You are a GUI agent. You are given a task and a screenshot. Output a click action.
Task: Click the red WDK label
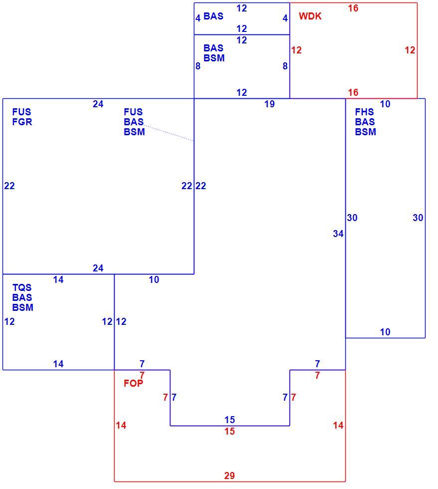[310, 16]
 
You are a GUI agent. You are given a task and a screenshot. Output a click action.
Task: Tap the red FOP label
[134, 383]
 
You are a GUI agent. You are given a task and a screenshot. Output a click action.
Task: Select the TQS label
[22, 287]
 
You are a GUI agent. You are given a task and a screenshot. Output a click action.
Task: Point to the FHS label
[364, 112]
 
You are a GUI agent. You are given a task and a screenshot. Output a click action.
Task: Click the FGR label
[22, 122]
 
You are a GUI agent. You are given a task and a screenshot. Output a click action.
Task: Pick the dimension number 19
[270, 104]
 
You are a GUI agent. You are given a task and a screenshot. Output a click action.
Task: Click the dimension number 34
[338, 234]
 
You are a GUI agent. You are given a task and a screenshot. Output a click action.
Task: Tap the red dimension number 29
[229, 476]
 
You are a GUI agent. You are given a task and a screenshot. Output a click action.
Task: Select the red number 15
[230, 431]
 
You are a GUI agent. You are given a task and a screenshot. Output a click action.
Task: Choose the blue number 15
[230, 420]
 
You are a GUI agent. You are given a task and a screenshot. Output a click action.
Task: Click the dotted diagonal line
[168, 133]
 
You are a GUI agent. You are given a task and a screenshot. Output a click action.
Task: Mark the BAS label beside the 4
[213, 16]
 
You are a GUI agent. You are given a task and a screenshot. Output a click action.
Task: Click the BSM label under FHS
[365, 132]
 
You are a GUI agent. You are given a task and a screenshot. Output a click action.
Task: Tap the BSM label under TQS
[23, 307]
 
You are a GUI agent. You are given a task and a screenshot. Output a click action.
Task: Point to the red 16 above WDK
[353, 8]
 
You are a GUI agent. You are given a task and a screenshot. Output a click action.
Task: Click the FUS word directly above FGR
[21, 112]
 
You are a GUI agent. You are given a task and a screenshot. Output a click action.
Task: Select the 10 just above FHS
[385, 104]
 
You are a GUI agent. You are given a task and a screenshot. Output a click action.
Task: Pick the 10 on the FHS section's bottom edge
[385, 332]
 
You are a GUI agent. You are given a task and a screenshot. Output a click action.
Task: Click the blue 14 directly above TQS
[58, 280]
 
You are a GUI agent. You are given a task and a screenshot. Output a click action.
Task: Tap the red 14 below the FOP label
[121, 425]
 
